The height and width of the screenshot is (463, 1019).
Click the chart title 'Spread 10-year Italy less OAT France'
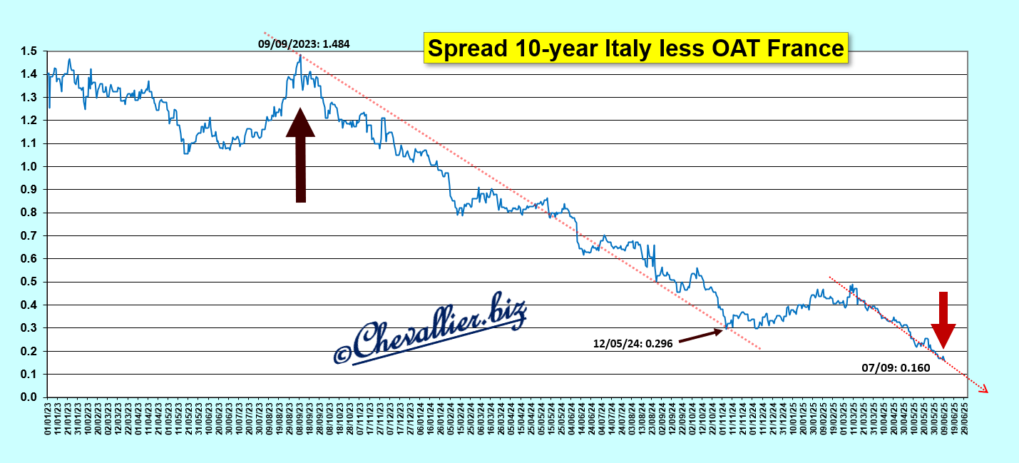[635, 48]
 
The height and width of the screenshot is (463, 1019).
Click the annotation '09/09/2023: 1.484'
[304, 44]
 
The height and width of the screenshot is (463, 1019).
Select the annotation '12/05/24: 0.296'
[632, 343]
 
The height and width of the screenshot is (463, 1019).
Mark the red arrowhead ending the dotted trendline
[983, 390]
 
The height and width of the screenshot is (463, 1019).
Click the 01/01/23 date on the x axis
[48, 420]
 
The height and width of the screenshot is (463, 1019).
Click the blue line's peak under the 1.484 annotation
[300, 56]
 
